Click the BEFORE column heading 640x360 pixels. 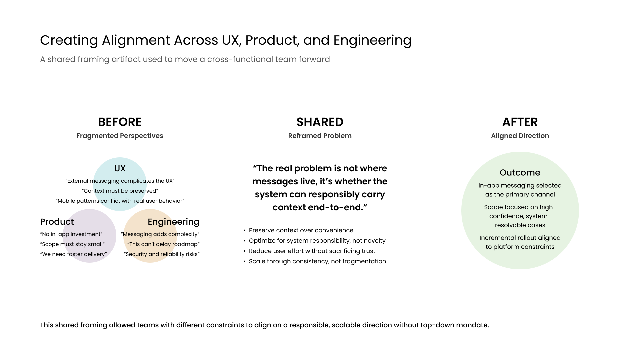120,122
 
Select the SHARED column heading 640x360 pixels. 320,122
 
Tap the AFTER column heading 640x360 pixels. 520,122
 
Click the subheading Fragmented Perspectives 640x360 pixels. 120,136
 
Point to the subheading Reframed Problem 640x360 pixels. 320,136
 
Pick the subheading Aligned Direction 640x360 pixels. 520,136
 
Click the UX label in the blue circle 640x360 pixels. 120,168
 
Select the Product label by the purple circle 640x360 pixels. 57,222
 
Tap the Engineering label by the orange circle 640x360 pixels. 173,222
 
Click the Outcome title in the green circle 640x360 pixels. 520,172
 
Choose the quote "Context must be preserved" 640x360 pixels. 120,191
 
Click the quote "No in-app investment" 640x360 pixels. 71,234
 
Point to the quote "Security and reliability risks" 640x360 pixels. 162,254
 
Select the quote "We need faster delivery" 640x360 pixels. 73,254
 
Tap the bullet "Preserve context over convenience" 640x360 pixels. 301,230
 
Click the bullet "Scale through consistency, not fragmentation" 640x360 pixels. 317,261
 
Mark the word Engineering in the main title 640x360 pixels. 372,40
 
